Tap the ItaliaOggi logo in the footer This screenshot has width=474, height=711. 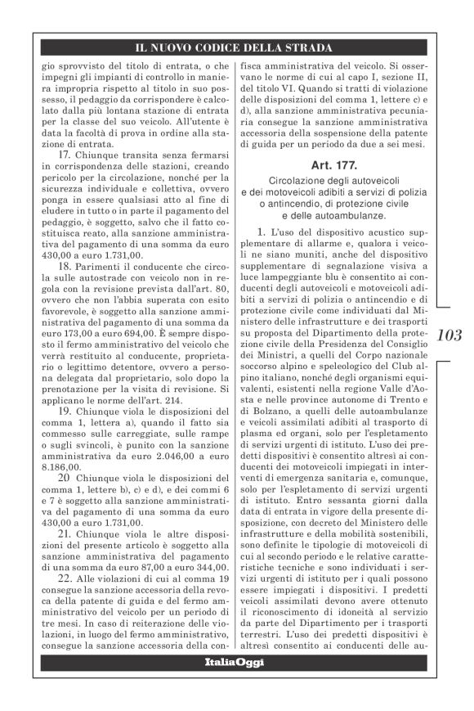pos(235,662)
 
